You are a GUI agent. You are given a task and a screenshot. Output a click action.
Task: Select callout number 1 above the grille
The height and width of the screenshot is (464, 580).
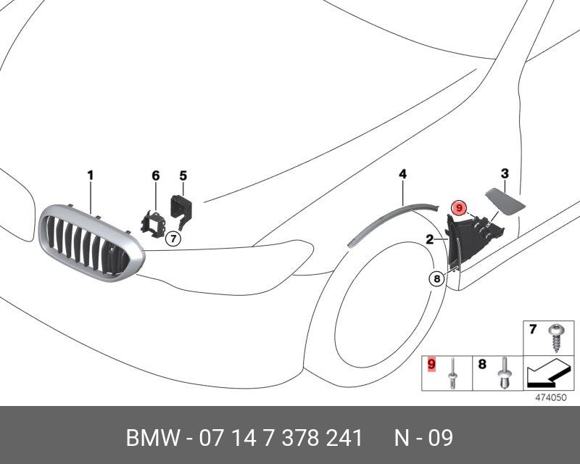(x=91, y=175)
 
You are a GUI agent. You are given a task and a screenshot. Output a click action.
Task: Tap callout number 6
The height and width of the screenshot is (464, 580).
(x=155, y=175)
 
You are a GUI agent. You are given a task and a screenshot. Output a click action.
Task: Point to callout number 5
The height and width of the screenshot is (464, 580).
(x=183, y=175)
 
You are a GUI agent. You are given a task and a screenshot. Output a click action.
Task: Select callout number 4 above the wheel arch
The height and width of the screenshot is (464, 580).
(x=402, y=174)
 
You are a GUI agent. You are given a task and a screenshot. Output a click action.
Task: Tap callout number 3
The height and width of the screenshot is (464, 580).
(x=505, y=173)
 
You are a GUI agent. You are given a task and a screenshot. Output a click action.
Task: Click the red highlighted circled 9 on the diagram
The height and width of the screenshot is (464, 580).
(x=459, y=209)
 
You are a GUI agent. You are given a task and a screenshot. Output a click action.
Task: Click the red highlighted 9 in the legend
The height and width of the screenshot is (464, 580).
(x=431, y=362)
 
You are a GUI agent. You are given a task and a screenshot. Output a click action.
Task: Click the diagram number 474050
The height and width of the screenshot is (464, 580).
(x=550, y=397)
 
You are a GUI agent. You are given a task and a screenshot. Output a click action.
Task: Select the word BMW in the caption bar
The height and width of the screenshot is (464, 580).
(x=149, y=439)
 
